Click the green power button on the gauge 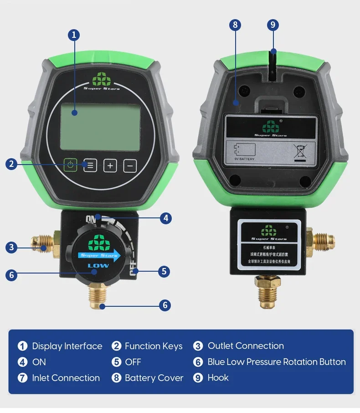[x=70, y=165]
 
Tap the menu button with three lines [x=90, y=165]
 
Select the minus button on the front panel [x=130, y=165]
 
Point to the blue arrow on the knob [x=99, y=254]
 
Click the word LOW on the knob [x=98, y=265]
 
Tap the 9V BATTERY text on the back [x=244, y=159]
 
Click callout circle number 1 [x=74, y=35]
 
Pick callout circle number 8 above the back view [x=236, y=25]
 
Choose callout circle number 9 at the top [x=273, y=25]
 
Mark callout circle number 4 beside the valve [x=165, y=218]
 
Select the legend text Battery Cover [x=154, y=378]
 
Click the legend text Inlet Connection [x=66, y=378]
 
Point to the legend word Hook [x=218, y=377]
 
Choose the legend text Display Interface [x=67, y=346]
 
